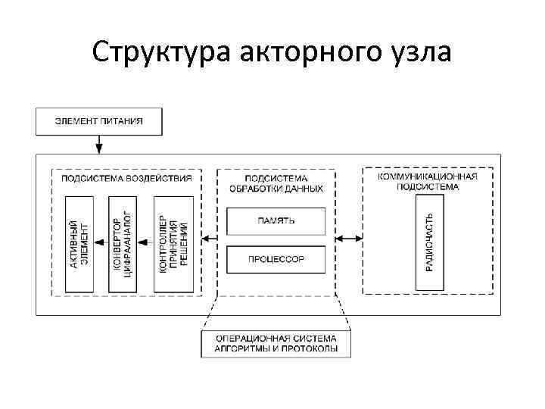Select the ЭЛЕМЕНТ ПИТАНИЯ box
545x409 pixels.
coord(98,120)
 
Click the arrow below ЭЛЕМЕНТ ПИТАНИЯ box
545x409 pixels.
coord(98,144)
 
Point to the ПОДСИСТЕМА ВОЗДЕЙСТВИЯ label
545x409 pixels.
coord(126,178)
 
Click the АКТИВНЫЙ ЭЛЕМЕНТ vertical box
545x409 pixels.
coord(79,243)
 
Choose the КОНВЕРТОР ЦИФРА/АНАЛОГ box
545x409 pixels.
coord(122,243)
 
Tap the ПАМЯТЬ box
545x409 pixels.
coord(276,220)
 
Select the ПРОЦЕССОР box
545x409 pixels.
coord(276,259)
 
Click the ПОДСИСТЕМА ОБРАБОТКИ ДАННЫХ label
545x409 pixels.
coord(276,183)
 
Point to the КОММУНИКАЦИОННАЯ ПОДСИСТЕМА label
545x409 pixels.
coord(428,181)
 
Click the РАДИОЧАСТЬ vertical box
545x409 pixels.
coord(428,242)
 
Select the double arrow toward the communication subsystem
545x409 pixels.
coord(349,239)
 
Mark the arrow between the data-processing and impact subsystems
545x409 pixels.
coord(210,239)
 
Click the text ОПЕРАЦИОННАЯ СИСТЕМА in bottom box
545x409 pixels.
coord(276,338)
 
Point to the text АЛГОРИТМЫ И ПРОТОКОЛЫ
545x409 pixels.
coord(276,349)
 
